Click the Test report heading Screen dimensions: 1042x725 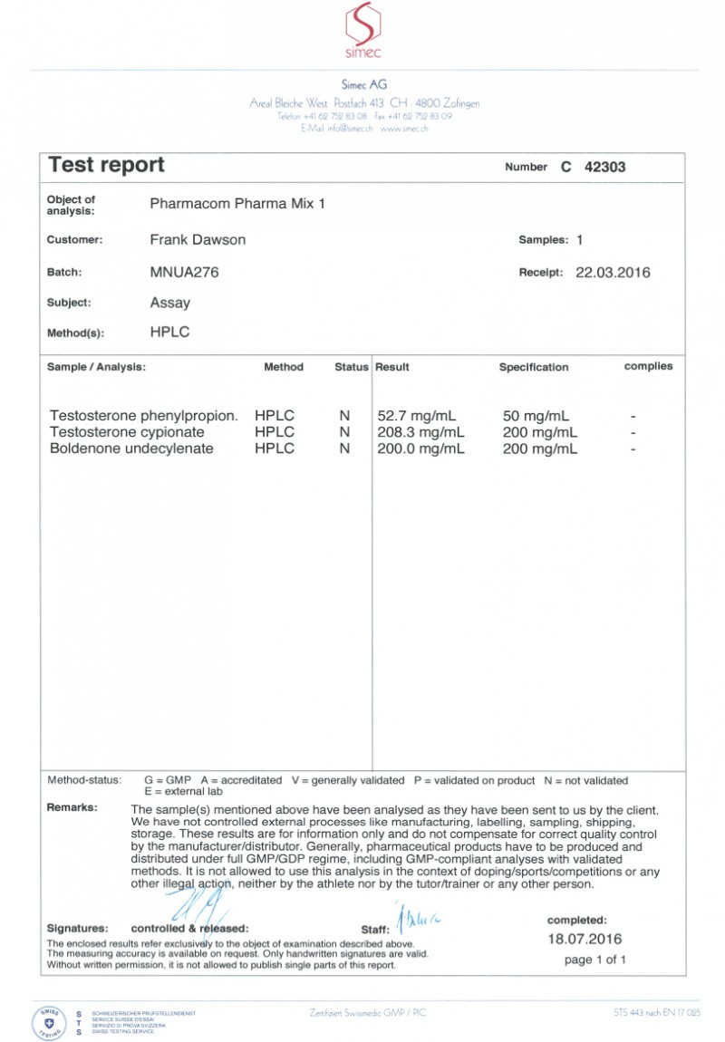click(x=106, y=165)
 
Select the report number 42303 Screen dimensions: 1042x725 click(x=604, y=168)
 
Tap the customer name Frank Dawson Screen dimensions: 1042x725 click(x=198, y=240)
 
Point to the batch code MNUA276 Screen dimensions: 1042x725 click(x=184, y=272)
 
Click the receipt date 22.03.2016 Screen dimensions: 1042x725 click(x=613, y=272)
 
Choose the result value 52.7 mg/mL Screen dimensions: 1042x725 click(x=420, y=416)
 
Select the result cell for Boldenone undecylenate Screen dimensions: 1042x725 click(x=420, y=449)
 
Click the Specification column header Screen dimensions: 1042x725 click(x=534, y=368)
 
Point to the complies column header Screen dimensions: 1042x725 click(x=648, y=366)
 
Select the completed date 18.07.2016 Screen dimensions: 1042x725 click(x=585, y=939)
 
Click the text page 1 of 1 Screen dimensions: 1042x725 click(x=594, y=960)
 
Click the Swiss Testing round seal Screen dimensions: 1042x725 click(x=46, y=1020)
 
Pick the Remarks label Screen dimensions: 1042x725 click(x=72, y=807)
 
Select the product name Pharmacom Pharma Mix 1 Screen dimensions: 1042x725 click(x=237, y=204)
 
